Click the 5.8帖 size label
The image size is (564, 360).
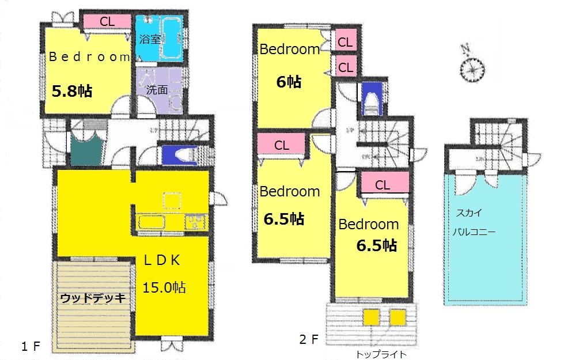click(x=72, y=91)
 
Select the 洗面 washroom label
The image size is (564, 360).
click(x=157, y=89)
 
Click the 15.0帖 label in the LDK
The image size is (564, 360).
click(x=164, y=287)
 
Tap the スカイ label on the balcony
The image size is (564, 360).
click(x=471, y=213)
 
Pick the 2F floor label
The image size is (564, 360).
click(x=309, y=339)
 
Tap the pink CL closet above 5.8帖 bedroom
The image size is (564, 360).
click(x=107, y=21)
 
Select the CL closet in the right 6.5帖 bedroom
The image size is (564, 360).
click(x=383, y=185)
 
